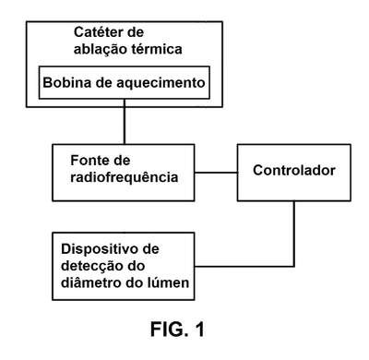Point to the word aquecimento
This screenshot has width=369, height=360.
tap(161, 83)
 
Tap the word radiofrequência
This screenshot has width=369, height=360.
tap(125, 177)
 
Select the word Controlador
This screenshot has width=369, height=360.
tap(294, 170)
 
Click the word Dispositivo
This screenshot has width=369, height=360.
tap(98, 249)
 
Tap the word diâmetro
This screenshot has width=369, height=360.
tap(89, 282)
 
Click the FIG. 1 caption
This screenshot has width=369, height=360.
tap(177, 329)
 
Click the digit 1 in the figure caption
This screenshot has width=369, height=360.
tap(199, 329)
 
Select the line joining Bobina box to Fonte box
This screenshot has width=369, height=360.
tap(125, 122)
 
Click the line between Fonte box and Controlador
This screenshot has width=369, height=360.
tap(216, 173)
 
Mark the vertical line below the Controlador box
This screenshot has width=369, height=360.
tap(294, 234)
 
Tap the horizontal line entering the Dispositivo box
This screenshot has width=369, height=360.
tap(244, 266)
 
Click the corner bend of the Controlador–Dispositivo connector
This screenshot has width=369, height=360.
tap(294, 266)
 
